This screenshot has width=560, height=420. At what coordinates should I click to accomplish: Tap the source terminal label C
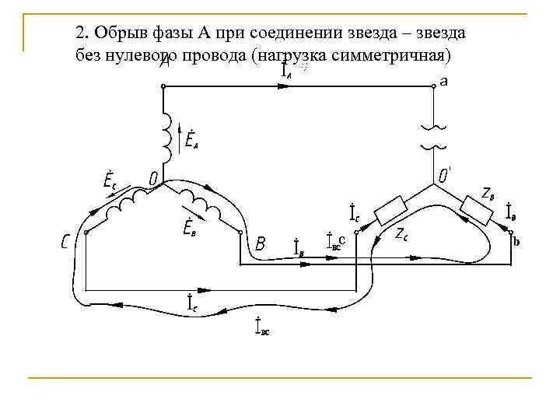point(68,243)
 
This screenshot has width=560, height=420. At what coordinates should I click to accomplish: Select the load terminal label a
point(443,80)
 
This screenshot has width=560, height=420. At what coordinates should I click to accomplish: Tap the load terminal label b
point(516,242)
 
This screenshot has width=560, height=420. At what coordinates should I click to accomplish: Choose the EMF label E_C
point(110,180)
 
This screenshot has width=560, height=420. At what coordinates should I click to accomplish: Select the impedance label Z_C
point(402,233)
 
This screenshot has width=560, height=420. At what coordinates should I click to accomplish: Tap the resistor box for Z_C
point(390,210)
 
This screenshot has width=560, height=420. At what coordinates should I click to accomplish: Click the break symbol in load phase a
point(432,136)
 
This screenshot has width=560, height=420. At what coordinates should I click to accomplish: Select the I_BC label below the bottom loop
point(262,327)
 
